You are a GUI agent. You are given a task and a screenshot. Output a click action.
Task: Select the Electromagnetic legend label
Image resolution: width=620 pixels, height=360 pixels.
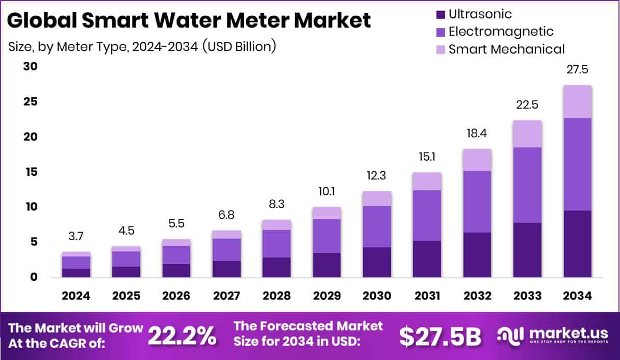click(x=501, y=32)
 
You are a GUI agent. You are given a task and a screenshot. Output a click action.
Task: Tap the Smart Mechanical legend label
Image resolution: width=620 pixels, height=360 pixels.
click(x=506, y=49)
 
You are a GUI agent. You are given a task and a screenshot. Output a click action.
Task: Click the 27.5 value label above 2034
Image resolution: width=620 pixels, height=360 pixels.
click(x=577, y=70)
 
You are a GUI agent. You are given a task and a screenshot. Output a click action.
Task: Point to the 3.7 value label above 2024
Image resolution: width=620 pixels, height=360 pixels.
click(x=76, y=236)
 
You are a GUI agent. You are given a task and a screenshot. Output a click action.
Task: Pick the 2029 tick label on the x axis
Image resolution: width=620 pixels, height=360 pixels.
click(x=327, y=296)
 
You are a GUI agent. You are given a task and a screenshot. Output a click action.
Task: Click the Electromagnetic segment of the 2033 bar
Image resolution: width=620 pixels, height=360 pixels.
click(x=527, y=185)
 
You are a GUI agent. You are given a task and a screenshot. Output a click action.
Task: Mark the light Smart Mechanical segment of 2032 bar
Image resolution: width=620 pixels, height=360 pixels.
click(x=477, y=160)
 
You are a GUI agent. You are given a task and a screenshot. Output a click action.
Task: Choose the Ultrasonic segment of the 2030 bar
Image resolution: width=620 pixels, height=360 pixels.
click(x=377, y=262)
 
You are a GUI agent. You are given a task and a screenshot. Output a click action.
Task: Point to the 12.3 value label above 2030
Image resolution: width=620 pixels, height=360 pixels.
click(x=377, y=176)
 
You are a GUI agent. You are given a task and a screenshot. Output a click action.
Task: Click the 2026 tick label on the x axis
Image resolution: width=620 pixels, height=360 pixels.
click(x=176, y=296)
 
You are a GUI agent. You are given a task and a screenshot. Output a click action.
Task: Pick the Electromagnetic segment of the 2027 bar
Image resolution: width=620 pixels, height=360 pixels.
click(x=226, y=250)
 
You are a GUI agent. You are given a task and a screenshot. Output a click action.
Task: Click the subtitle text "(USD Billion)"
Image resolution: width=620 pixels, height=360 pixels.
click(x=239, y=46)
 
